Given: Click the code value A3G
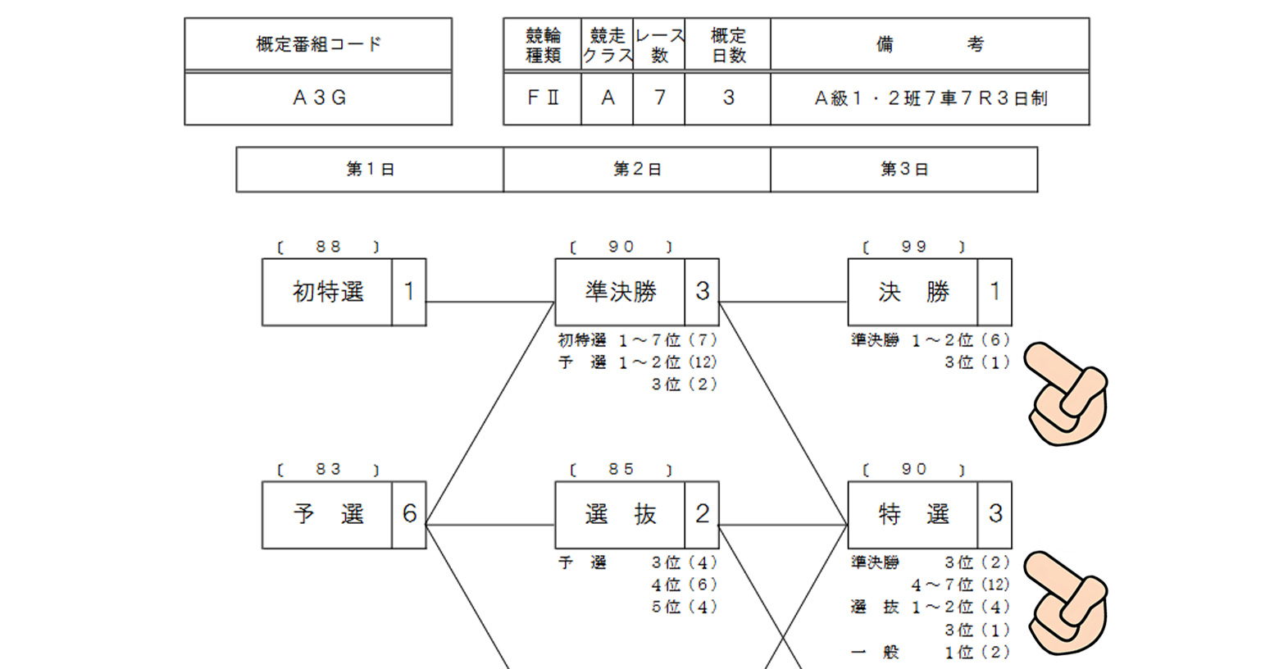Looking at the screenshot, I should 319,98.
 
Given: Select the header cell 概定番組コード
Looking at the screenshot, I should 319,44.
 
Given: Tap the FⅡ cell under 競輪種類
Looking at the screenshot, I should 542,98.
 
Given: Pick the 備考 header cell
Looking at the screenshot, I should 929,44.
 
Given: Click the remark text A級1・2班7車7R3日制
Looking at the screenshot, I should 930,98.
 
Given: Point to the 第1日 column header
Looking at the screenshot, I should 370,170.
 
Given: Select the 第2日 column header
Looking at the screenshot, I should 637,170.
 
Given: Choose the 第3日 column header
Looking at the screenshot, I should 903,170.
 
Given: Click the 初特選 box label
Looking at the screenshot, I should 327,292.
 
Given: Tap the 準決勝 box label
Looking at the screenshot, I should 620,292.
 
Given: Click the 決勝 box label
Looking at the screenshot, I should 913,292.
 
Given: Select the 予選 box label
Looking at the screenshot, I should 327,515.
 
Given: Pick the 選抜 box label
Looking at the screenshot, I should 620,515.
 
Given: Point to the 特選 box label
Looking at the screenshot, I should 913,515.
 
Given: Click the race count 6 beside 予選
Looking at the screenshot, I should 409,515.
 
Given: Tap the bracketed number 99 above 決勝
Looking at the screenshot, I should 913,247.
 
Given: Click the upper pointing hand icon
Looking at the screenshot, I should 1066,394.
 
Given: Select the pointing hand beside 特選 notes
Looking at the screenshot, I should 1066,603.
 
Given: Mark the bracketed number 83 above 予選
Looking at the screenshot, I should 328,470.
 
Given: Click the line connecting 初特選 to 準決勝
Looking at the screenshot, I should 490,302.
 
